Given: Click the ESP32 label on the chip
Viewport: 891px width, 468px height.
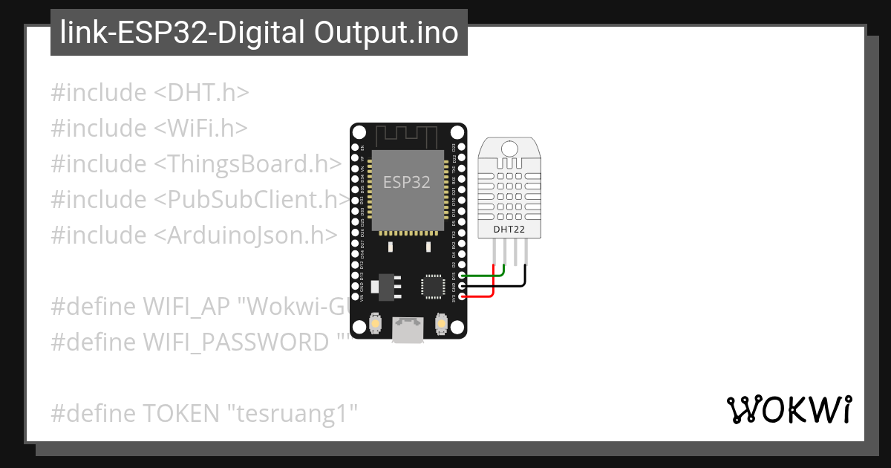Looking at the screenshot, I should (x=406, y=182).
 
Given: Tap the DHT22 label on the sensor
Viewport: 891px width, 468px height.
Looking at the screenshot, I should (x=509, y=230).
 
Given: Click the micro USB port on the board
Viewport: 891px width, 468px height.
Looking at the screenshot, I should (x=406, y=329).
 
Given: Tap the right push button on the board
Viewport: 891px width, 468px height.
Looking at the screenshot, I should (x=441, y=325).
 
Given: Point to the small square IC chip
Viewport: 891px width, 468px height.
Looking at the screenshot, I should (x=432, y=287).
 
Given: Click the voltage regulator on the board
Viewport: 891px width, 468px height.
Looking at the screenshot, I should (x=386, y=287).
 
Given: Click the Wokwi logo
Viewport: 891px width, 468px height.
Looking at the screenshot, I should (x=789, y=409).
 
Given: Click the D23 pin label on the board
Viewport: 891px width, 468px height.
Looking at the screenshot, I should (x=454, y=148).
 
